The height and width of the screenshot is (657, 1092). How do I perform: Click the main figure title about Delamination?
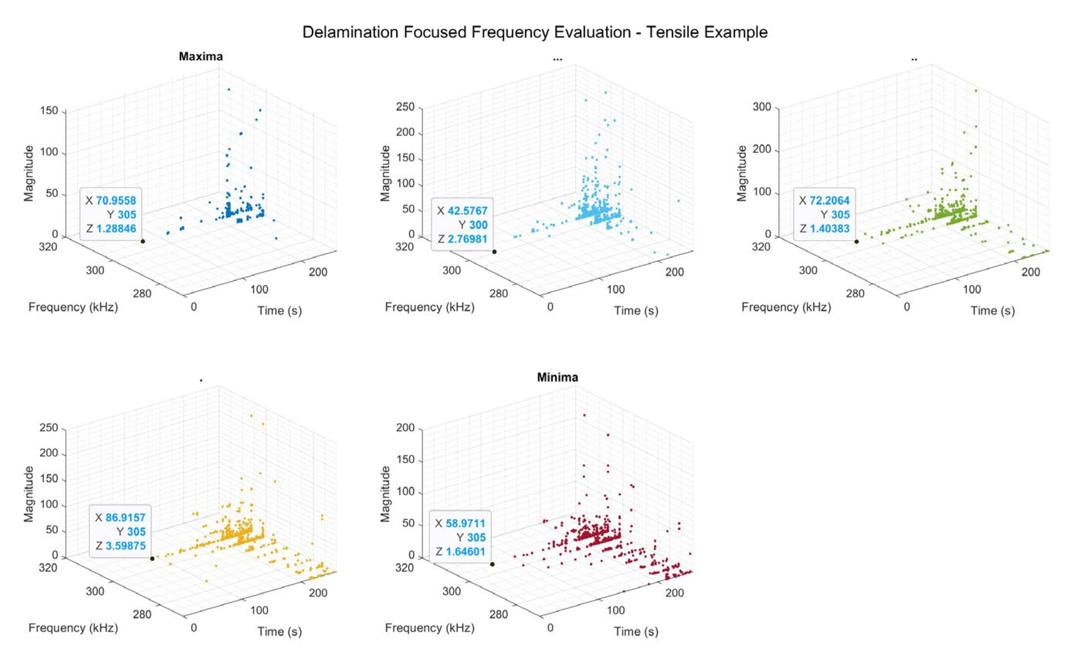point(535,32)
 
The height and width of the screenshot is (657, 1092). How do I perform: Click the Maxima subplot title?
point(200,57)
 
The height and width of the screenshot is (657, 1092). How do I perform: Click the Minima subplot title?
point(557,377)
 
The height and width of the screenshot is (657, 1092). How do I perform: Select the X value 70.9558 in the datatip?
point(115,201)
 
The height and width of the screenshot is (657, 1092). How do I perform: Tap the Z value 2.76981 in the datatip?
point(467,239)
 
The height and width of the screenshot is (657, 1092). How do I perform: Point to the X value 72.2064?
point(829,201)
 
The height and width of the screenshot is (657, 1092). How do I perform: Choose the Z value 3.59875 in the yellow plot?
point(125,546)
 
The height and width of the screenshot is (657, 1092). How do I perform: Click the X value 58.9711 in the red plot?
point(465,523)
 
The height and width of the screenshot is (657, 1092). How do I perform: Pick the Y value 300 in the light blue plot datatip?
point(478,225)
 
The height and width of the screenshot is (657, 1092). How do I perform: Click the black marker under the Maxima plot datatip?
point(143,241)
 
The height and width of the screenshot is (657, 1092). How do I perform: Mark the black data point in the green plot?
point(856,242)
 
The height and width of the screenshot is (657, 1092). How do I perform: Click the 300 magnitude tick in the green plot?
point(761,107)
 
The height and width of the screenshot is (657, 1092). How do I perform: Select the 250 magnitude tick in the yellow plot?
point(49,428)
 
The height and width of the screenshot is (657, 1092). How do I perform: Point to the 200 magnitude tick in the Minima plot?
point(405,428)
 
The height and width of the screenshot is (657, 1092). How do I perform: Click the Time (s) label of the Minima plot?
point(636,631)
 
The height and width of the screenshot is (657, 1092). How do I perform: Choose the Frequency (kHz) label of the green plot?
point(786,307)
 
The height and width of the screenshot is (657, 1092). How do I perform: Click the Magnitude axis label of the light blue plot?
point(386,173)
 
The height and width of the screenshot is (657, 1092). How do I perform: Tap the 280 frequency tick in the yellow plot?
point(142,614)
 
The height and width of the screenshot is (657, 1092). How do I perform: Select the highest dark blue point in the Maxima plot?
point(229,89)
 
